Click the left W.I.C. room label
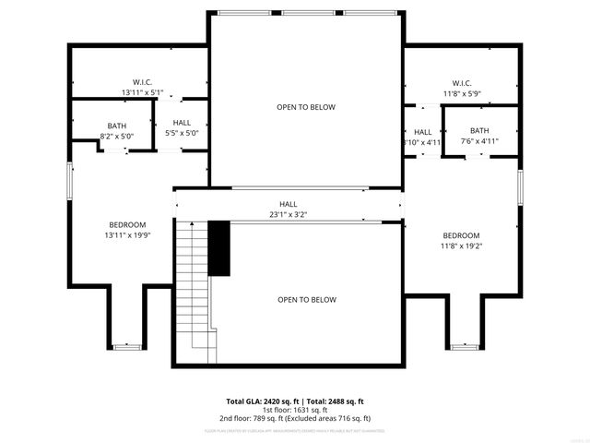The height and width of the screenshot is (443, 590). pos(142,82)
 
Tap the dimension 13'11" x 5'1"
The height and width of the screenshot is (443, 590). pos(142,92)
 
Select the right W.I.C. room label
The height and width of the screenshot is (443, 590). pos(462,83)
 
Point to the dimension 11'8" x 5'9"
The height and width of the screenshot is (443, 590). pos(462,93)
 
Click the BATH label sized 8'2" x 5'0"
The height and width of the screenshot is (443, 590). pos(116,126)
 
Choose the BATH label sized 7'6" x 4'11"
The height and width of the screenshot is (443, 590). pos(479,131)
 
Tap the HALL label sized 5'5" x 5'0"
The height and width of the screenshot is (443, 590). pos(182,123)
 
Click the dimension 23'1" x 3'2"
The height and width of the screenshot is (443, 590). pos(288,214)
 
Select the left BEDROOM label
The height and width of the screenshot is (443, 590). pos(127,225)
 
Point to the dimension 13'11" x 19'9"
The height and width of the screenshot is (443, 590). pos(127,235)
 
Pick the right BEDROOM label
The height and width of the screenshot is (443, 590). pos(460,235)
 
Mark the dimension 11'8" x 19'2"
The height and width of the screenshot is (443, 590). pos(460,245)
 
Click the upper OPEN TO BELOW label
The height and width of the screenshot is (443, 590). pos(306,107)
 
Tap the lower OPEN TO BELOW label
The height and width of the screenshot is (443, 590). pos(307,300)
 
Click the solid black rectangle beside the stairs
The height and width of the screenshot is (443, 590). pos(218,247)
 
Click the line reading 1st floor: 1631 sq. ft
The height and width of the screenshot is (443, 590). pos(295,410)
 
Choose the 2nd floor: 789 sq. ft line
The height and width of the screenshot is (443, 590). pos(295,418)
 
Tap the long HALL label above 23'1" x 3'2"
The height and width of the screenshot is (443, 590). pos(289,204)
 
